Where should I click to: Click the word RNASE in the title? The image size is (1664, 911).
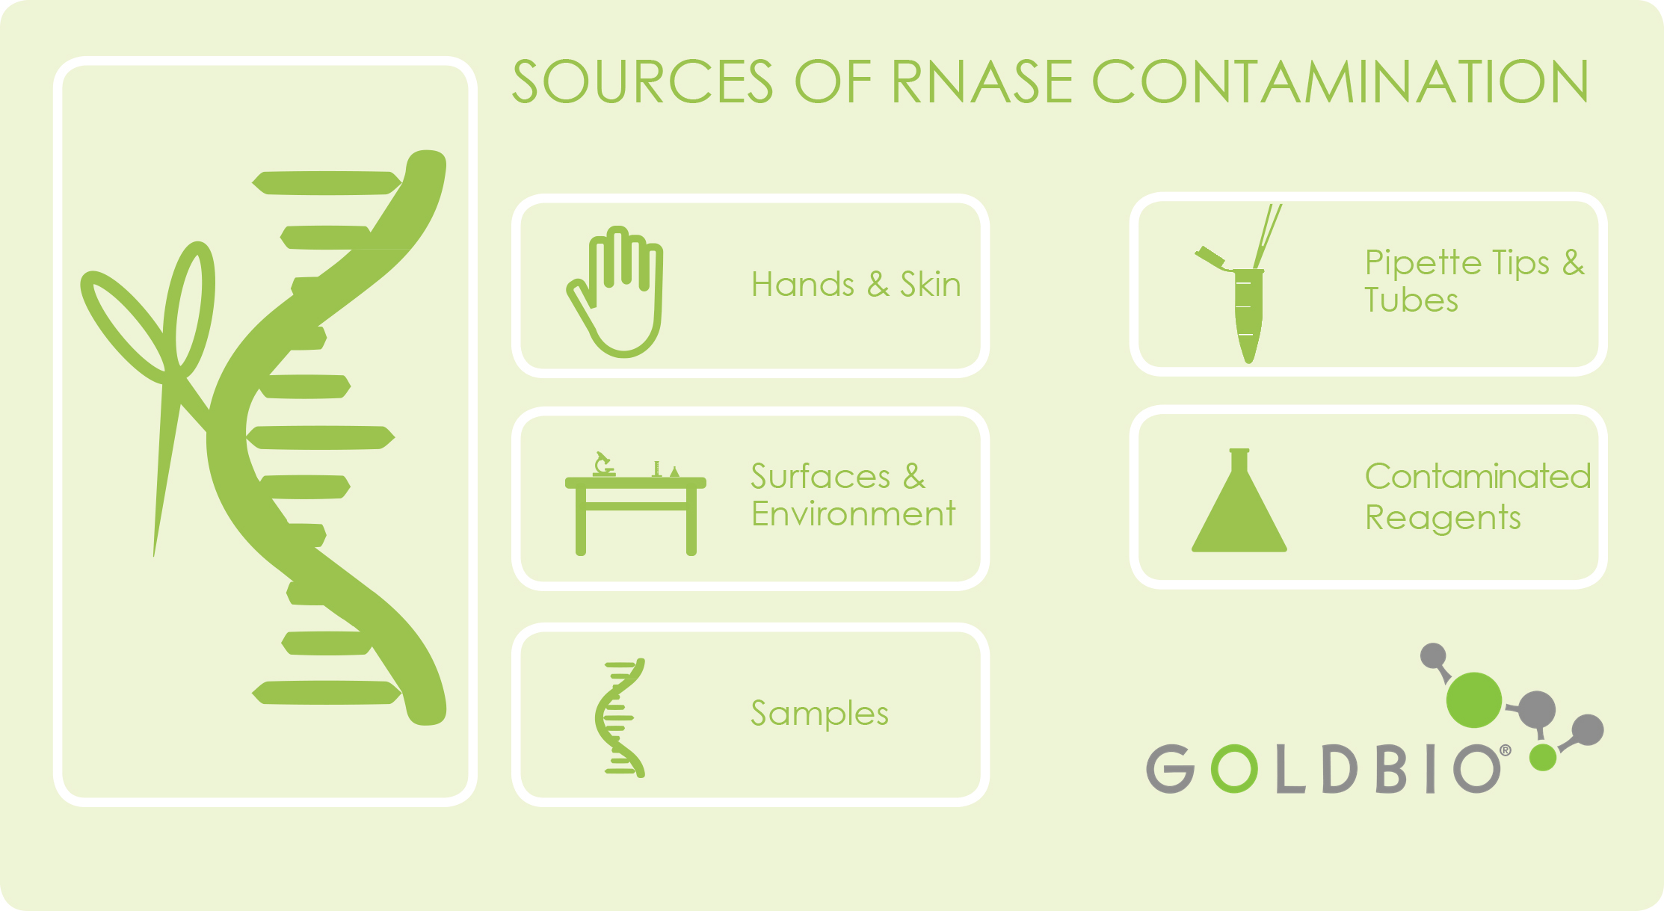pyautogui.click(x=982, y=81)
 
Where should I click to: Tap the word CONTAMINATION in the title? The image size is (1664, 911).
pyautogui.click(x=1340, y=81)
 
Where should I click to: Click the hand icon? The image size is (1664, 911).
pyautogui.click(x=614, y=291)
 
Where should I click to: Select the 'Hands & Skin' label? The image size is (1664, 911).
pyautogui.click(x=856, y=285)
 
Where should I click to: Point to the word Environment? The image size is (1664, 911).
pyautogui.click(x=853, y=514)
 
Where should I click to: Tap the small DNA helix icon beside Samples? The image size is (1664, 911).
pyautogui.click(x=620, y=718)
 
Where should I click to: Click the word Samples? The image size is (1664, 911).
pyautogui.click(x=819, y=714)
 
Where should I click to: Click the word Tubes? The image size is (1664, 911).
pyautogui.click(x=1411, y=300)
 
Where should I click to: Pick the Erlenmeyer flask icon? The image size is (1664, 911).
pyautogui.click(x=1239, y=500)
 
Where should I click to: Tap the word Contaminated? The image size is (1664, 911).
pyautogui.click(x=1478, y=476)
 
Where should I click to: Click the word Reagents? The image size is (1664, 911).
pyautogui.click(x=1443, y=518)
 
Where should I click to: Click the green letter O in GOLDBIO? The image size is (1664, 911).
pyautogui.click(x=1233, y=768)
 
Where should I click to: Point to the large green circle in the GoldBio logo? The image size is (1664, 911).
pyautogui.click(x=1473, y=700)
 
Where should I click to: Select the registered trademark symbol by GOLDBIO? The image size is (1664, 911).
pyautogui.click(x=1505, y=750)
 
